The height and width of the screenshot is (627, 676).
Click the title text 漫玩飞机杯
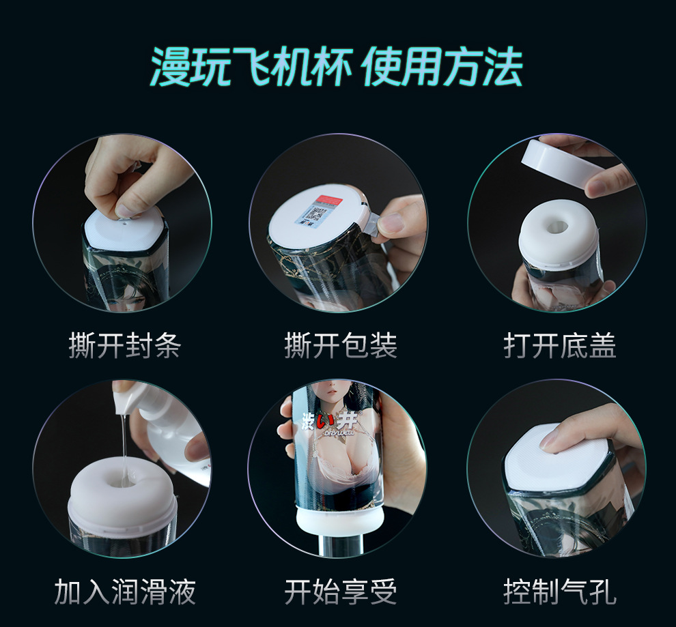click(252, 67)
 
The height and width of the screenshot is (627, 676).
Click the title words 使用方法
click(442, 67)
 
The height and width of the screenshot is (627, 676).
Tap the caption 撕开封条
click(124, 345)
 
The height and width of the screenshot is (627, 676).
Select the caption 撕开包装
click(341, 345)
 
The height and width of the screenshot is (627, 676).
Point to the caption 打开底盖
click(560, 345)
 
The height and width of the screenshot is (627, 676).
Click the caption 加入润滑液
click(124, 592)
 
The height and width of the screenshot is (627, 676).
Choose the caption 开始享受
click(341, 592)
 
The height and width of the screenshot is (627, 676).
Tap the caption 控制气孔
click(560, 592)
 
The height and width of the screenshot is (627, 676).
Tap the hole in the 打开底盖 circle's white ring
click(557, 226)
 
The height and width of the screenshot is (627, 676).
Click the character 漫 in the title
click(170, 67)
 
